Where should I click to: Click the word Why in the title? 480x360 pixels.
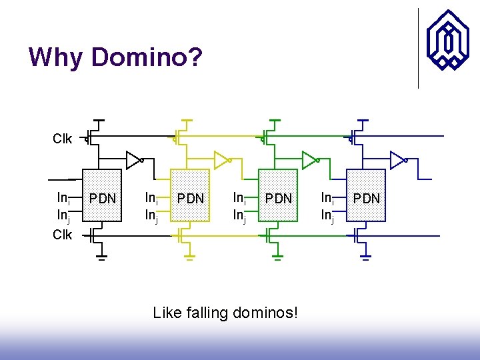tap(56, 57)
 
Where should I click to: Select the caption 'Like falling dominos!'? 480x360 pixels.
tap(225, 312)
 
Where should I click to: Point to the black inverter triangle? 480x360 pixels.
tap(133, 160)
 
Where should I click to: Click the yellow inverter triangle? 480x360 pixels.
tap(221, 160)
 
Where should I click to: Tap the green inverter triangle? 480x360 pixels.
tap(309, 160)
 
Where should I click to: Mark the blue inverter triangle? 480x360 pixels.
tap(397, 160)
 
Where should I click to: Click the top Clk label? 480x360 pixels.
tap(63, 139)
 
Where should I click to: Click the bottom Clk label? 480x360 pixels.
tap(63, 235)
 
